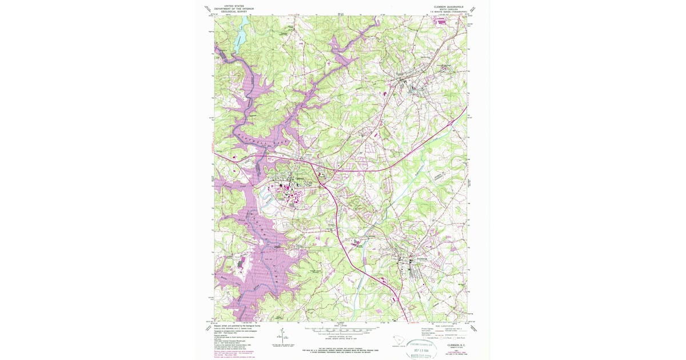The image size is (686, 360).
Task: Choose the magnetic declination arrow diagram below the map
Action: (x=281, y=335)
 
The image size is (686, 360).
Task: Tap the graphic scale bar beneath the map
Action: (x=340, y=331)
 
